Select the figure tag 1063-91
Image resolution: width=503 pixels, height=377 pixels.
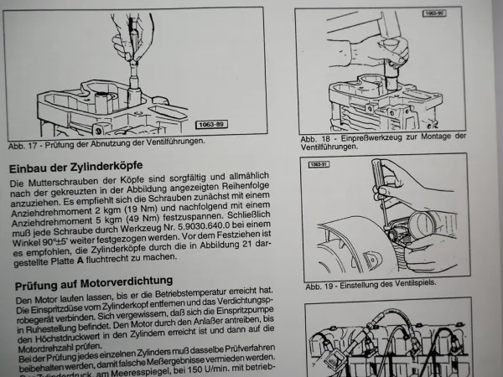319,164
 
